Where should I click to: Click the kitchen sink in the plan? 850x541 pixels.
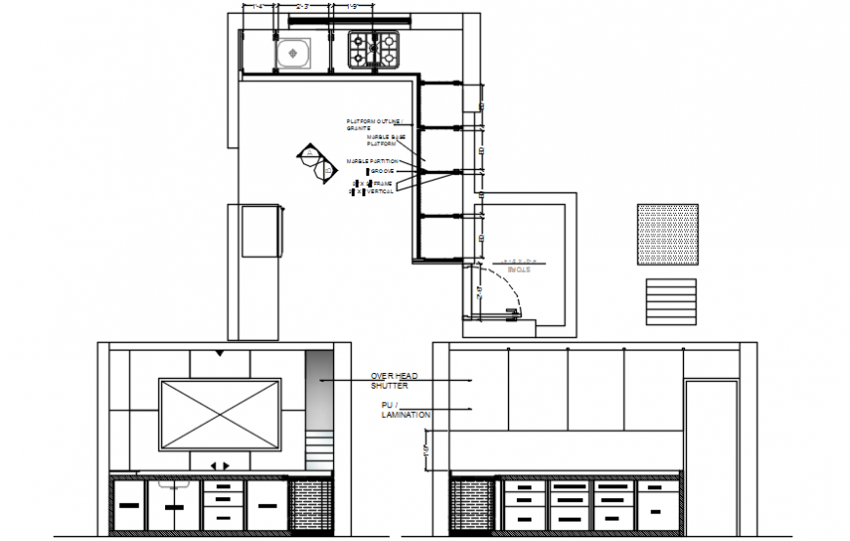coord(292,52)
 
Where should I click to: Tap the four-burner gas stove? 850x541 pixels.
coord(373,50)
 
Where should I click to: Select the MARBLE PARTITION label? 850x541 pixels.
coord(371,160)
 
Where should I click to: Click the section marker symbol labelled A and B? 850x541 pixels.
coord(316,163)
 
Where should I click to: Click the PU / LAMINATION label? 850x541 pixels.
coord(404,409)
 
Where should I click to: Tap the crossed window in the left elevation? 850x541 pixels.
coord(219,413)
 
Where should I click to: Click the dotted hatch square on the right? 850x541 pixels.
coord(668,234)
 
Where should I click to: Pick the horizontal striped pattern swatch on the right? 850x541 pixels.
coord(670,302)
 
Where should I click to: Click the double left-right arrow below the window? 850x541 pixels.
coord(220,466)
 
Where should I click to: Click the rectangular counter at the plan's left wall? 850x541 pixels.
coord(260,230)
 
